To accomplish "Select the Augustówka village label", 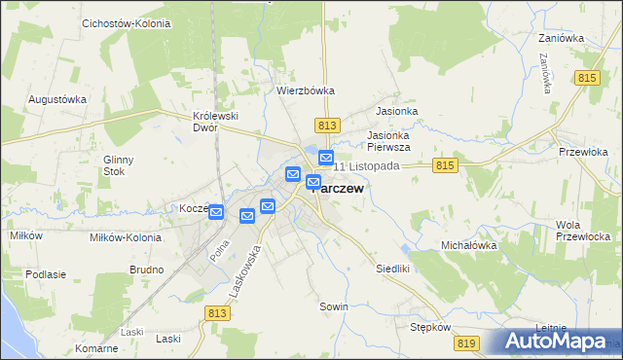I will tap(57, 99).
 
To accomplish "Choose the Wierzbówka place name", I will tap(306, 90).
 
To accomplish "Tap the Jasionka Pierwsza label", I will tap(388, 141).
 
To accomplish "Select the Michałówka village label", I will tap(469, 246).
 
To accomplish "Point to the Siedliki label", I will tap(394, 267).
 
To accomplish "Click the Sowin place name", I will tap(334, 306).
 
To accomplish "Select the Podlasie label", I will tap(46, 274).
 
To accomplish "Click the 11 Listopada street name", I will tap(367, 166).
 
